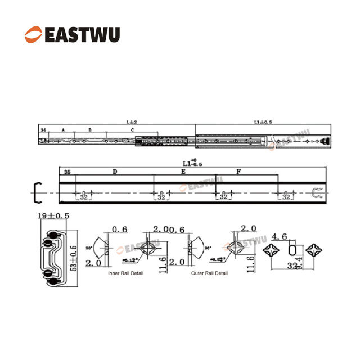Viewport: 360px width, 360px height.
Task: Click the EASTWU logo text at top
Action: point(81,35)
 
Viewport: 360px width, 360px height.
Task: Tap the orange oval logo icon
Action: point(32,34)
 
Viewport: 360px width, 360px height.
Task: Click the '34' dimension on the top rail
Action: point(43,129)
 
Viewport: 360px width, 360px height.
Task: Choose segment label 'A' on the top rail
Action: point(63,129)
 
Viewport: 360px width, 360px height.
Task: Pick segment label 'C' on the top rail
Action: point(132,129)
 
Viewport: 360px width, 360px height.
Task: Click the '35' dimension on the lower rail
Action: point(67,171)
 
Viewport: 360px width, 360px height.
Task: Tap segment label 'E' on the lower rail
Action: point(183,170)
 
